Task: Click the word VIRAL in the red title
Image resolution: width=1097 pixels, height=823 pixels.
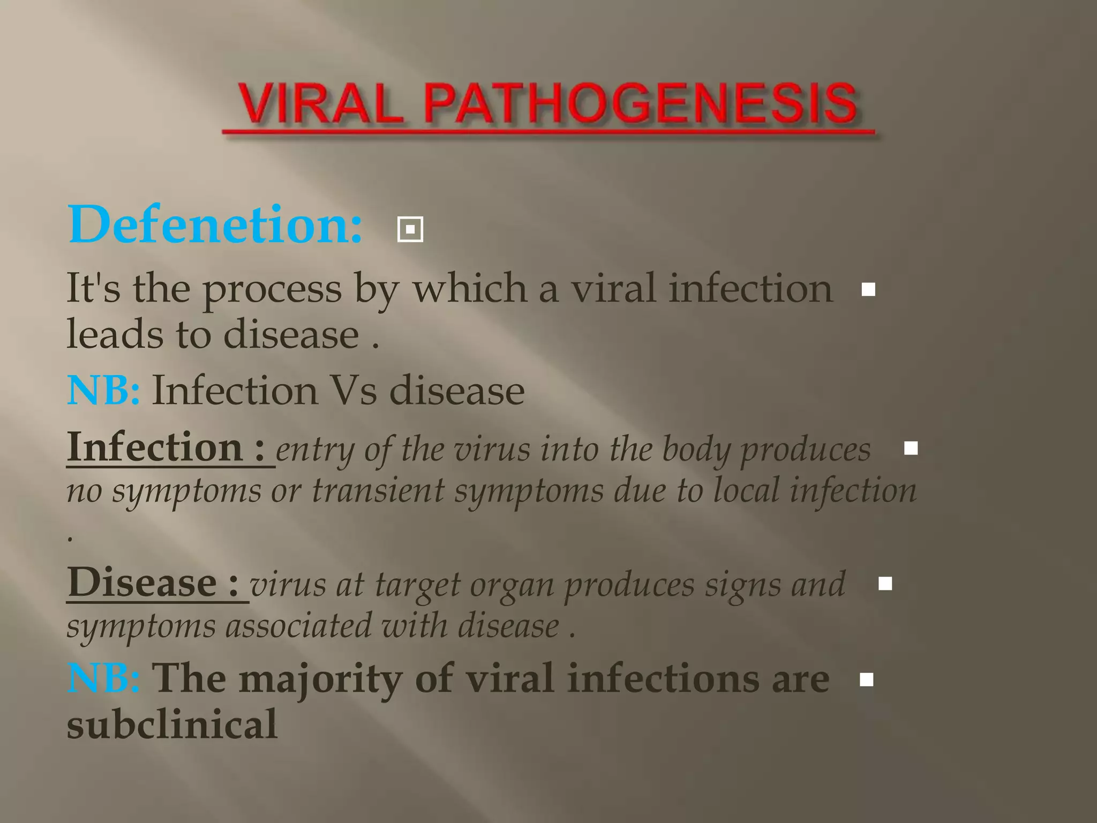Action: click(320, 104)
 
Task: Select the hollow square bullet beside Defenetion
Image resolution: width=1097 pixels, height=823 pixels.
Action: click(410, 229)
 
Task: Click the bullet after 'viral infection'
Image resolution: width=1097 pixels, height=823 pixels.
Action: click(868, 290)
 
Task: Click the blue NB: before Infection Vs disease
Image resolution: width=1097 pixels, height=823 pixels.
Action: click(103, 390)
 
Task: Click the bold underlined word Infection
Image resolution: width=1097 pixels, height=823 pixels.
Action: click(155, 447)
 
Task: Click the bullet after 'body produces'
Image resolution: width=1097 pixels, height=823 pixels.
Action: click(911, 448)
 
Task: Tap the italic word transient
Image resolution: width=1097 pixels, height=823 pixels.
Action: click(378, 490)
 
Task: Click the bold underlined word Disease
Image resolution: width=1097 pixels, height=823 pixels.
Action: click(142, 582)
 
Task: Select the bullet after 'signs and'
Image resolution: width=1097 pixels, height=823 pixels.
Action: click(885, 583)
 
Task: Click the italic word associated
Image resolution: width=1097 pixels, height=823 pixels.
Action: click(298, 626)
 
